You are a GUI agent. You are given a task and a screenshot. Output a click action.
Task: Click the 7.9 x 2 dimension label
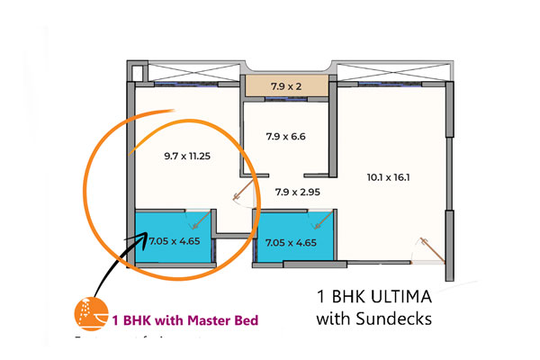click(x=287, y=86)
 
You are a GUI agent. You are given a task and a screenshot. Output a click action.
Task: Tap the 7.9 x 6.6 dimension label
click(x=287, y=137)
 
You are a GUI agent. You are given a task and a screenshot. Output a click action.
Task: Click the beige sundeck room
click(x=287, y=86)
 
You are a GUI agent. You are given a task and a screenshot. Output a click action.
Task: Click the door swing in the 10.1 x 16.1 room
click(x=427, y=247)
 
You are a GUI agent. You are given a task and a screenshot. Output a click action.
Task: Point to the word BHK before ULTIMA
click(x=354, y=296)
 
